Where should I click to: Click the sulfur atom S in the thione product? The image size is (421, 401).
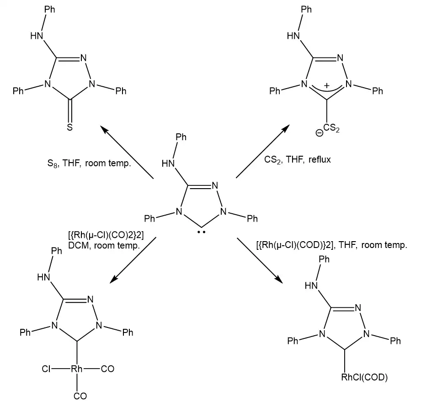click(x=70, y=127)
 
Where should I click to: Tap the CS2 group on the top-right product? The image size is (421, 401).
click(x=331, y=128)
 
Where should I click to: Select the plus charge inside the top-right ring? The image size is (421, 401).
click(x=326, y=86)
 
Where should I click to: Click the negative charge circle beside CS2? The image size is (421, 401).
click(x=319, y=133)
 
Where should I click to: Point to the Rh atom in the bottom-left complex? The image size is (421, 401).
click(x=77, y=369)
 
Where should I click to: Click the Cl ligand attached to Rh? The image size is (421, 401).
click(x=46, y=369)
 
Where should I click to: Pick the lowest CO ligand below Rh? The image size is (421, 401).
click(x=80, y=396)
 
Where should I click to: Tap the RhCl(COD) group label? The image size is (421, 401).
click(x=364, y=377)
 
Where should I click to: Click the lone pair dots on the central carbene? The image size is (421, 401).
click(x=202, y=232)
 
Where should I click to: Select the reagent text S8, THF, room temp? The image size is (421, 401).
click(x=89, y=164)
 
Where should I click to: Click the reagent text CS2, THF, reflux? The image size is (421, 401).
click(x=298, y=159)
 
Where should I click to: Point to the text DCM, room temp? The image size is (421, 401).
click(x=104, y=245)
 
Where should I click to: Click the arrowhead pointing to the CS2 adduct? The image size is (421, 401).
click(x=286, y=128)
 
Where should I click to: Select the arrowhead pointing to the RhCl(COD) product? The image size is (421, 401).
click(x=278, y=279)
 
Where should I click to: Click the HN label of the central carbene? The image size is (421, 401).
click(x=168, y=164)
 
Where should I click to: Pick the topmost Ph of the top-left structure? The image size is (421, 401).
click(x=50, y=10)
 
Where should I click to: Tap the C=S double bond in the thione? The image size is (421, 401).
click(x=70, y=111)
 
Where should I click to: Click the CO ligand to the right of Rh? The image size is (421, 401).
click(x=108, y=369)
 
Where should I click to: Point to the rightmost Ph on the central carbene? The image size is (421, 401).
click(x=252, y=219)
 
